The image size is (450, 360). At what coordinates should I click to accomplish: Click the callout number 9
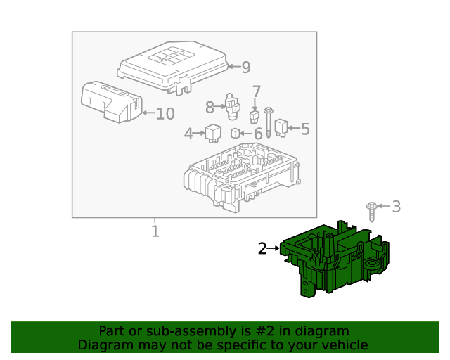(245, 67)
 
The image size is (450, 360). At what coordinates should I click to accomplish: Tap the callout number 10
(165, 113)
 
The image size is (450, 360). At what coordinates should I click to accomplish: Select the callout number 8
(210, 107)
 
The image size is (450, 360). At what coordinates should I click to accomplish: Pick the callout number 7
(257, 91)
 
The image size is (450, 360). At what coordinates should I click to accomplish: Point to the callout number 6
(257, 133)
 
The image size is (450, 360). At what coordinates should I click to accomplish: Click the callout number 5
(304, 129)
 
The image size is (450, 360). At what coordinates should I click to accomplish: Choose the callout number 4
(188, 133)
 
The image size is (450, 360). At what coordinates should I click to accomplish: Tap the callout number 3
(396, 206)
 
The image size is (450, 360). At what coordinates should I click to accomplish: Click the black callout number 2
(262, 248)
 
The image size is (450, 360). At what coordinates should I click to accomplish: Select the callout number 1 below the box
(155, 231)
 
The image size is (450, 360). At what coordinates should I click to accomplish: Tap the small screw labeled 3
(371, 210)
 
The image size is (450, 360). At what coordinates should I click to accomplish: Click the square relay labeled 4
(212, 131)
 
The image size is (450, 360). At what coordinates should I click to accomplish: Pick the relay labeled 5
(281, 127)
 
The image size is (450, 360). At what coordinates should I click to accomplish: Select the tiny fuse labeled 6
(236, 134)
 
